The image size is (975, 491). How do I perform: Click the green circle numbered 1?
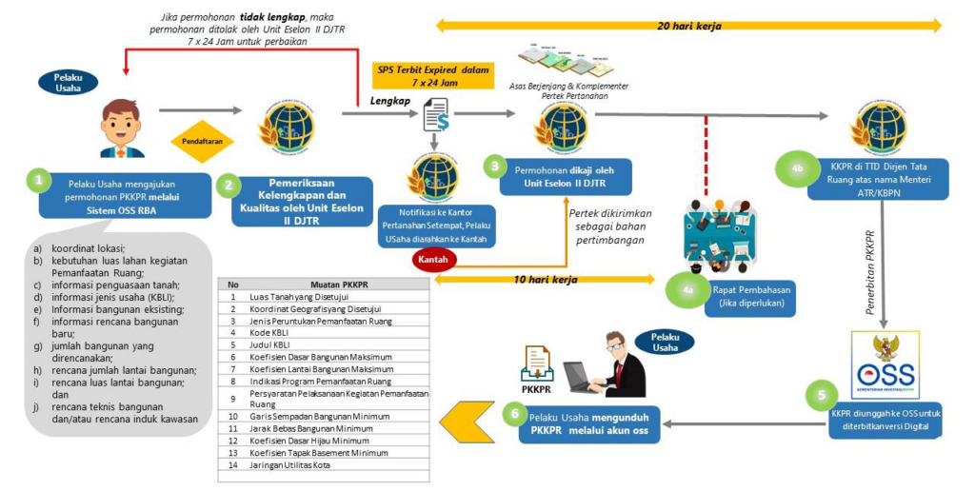tap(38, 180)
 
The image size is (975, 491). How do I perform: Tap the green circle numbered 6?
tap(514, 414)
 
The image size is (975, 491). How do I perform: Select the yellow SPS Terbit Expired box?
tap(433, 76)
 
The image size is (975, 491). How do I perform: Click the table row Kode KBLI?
tap(324, 332)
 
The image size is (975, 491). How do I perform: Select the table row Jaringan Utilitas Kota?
tap(324, 464)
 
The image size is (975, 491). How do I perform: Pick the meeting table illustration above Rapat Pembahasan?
tap(726, 233)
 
